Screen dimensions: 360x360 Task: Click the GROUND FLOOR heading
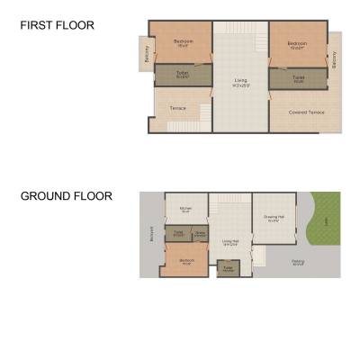(67, 195)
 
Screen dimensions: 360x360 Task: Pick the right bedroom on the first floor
(297, 44)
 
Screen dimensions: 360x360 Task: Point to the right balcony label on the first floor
(334, 61)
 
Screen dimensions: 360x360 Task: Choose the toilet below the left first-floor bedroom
(183, 76)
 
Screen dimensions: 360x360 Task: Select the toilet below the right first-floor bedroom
(298, 78)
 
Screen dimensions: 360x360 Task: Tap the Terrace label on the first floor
(178, 109)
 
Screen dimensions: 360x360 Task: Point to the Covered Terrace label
(307, 112)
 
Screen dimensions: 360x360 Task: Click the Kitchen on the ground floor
(185, 210)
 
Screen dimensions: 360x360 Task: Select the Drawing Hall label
(274, 218)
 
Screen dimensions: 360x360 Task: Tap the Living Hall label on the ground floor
(230, 241)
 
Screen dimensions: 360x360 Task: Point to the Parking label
(298, 263)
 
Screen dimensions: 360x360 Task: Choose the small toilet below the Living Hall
(229, 268)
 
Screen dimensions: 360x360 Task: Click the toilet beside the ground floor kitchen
(178, 235)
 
